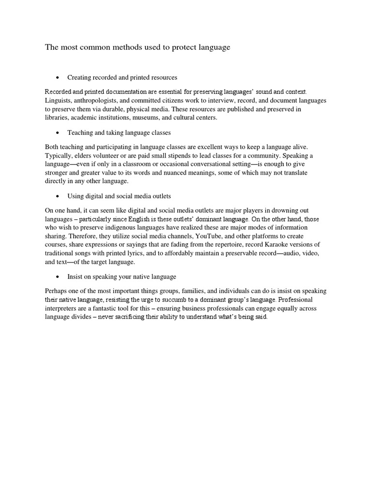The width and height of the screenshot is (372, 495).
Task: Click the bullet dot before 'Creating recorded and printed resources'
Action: (58, 77)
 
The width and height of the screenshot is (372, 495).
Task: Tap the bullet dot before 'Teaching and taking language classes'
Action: (58, 132)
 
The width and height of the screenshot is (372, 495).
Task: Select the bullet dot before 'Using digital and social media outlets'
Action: (58, 196)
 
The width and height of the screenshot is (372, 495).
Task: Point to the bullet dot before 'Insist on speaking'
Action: (58, 277)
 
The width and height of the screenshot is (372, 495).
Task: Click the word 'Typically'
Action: (60, 155)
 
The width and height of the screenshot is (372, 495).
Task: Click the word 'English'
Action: (141, 219)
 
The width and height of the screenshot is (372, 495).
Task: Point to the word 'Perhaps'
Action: (57, 291)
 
